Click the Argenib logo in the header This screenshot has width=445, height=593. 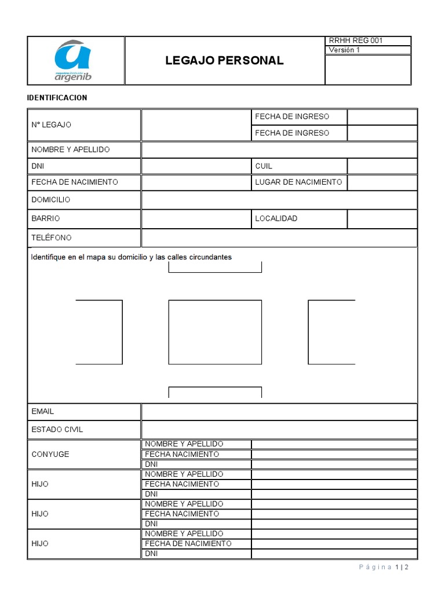tap(73, 60)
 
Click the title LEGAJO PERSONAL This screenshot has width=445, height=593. tap(224, 61)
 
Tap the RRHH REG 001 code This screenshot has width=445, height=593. tap(356, 41)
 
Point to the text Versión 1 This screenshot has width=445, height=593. tap(344, 50)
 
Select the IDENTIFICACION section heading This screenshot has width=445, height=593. tap(57, 97)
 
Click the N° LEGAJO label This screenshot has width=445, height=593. tap(52, 125)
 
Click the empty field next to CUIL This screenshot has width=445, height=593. tap(382, 166)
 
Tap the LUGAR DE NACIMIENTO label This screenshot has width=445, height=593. tap(298, 182)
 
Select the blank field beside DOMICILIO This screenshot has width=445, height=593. tap(279, 200)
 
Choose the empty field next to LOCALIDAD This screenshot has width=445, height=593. tap(382, 219)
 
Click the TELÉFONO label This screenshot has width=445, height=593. tap(52, 238)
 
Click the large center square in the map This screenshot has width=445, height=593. tap(214, 332)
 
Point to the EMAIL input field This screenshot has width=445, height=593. tap(279, 412)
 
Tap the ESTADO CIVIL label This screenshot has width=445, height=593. tap(57, 430)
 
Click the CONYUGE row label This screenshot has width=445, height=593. tap(50, 454)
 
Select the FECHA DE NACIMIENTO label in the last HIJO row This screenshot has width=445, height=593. tap(188, 544)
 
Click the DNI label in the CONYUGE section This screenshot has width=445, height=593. tap(151, 464)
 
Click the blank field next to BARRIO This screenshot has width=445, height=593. tap(196, 219)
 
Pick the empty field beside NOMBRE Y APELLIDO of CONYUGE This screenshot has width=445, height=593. tap(334, 444)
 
